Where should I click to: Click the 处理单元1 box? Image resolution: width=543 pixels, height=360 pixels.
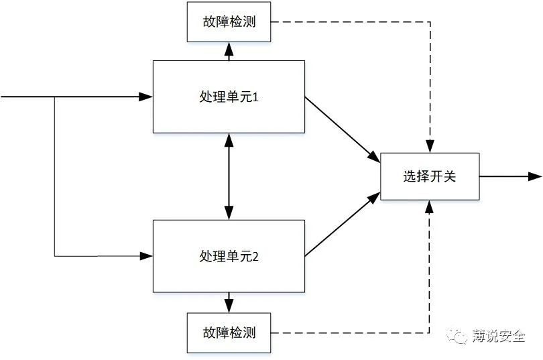[x=229, y=97]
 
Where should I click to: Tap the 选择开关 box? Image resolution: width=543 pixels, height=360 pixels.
[x=430, y=176]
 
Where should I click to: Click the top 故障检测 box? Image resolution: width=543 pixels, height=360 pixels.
[x=229, y=22]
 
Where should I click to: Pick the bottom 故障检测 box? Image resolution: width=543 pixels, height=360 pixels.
[x=229, y=333]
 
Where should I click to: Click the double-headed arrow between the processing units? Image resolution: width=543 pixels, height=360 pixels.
[x=229, y=176]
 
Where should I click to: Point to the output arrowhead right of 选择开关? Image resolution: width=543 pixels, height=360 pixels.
[x=535, y=176]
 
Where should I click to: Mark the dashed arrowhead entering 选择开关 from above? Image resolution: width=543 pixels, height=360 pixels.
[x=430, y=147]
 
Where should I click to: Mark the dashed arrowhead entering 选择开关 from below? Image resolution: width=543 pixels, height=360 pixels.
[x=430, y=206]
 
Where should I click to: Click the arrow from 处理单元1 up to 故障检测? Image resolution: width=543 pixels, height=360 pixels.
[x=229, y=50]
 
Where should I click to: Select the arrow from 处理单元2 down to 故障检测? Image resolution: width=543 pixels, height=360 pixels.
[x=229, y=303]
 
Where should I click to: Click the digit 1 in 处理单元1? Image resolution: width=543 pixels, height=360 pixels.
[x=255, y=97]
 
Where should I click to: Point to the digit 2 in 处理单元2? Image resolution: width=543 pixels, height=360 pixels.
[x=255, y=256]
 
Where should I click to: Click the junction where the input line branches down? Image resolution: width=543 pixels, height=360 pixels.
[x=54, y=97]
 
